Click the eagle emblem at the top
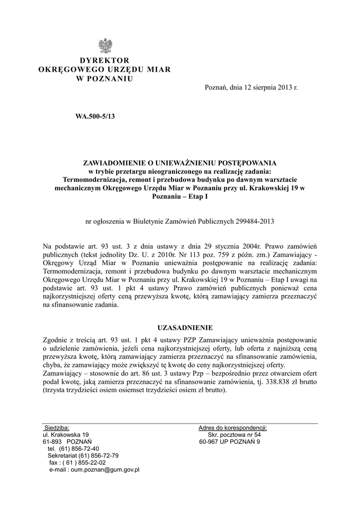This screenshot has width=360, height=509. [104, 46]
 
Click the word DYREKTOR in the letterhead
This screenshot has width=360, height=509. [104, 61]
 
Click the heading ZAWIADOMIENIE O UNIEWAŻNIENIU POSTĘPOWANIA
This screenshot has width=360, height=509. [180, 163]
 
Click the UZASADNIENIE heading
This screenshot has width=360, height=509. [185, 328]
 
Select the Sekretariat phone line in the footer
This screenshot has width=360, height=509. [83, 455]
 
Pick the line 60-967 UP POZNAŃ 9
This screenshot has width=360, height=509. [229, 441]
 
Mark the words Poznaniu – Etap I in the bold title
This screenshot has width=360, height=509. [180, 197]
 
